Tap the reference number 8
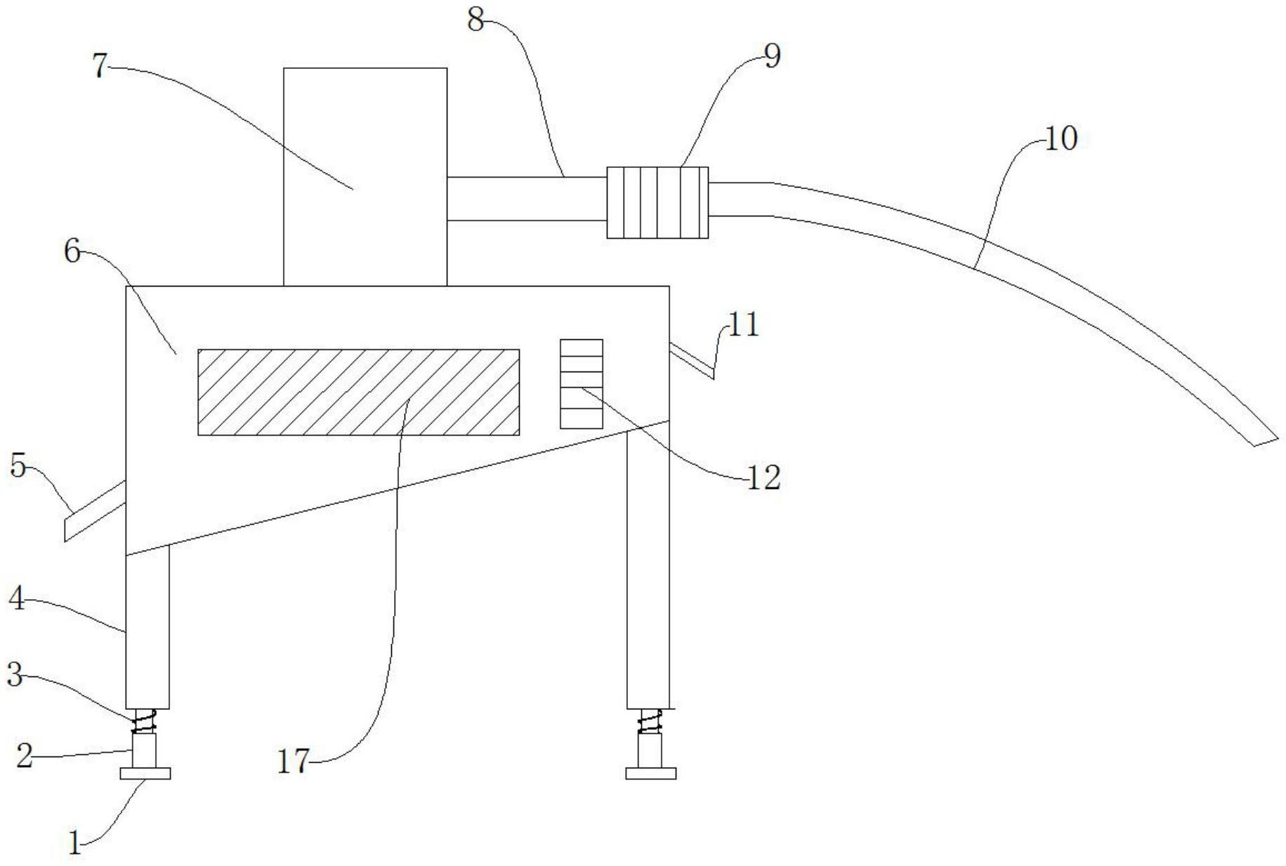475,20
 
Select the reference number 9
772,57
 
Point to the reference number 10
1061,139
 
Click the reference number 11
744,325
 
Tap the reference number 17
293,761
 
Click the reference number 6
73,251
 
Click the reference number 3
15,675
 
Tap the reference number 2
24,756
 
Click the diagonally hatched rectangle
358,392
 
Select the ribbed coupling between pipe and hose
657,202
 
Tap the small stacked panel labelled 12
581,383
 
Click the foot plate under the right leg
650,773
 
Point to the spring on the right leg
650,721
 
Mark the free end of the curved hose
1264,439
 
